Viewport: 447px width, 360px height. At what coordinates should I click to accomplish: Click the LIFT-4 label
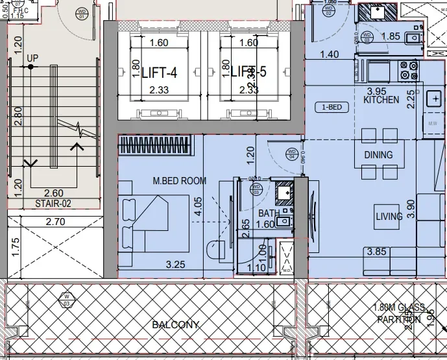click(x=160, y=72)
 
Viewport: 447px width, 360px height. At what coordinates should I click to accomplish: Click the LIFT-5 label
click(x=248, y=72)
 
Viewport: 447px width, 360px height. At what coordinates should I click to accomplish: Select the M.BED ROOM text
click(x=180, y=180)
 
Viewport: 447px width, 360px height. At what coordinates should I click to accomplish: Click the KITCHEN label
click(x=381, y=101)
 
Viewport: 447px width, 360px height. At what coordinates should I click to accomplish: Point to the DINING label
click(x=378, y=154)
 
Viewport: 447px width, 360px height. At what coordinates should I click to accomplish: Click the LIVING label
click(x=389, y=216)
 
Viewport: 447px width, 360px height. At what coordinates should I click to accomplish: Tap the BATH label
click(x=269, y=213)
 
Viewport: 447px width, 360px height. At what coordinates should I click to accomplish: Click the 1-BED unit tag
click(x=332, y=107)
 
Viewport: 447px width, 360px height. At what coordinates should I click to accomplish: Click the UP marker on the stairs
click(x=32, y=58)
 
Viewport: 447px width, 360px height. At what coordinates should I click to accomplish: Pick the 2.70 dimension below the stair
click(x=55, y=222)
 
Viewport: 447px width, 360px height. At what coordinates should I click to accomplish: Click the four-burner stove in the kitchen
click(x=409, y=70)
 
